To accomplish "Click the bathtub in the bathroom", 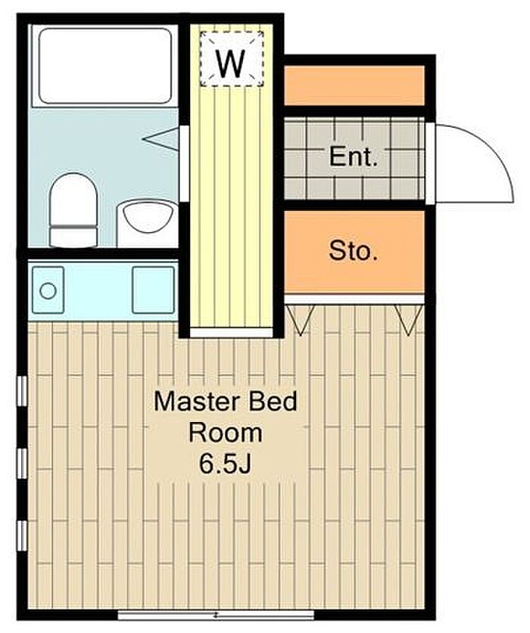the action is [x=105, y=66].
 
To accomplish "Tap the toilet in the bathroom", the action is [x=73, y=210].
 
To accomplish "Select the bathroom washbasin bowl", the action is [x=148, y=218].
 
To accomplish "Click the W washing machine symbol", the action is [x=232, y=59].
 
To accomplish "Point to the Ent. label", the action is [x=354, y=157].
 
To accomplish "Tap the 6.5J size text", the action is [x=226, y=464].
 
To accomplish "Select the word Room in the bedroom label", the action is [x=226, y=433].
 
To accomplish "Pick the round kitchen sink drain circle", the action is [x=48, y=291].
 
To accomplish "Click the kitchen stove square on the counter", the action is [x=153, y=290].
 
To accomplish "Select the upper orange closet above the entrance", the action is [x=354, y=85].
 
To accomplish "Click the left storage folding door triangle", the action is [x=300, y=320].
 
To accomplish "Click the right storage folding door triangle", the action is [x=409, y=320].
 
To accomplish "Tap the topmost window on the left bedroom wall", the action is [x=22, y=391].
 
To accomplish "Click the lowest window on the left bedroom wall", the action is [x=22, y=535].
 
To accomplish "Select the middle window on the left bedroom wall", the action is [x=22, y=464].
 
